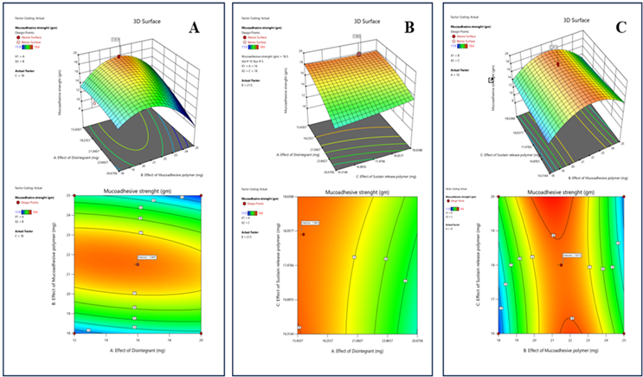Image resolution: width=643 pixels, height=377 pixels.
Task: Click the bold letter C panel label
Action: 622,26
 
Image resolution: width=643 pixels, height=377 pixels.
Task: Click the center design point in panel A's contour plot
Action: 137,264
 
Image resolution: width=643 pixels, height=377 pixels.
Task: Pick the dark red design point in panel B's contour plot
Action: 304,233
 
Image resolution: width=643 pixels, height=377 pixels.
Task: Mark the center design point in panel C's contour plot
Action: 560,265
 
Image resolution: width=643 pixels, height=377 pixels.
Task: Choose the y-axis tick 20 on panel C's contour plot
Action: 493,197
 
